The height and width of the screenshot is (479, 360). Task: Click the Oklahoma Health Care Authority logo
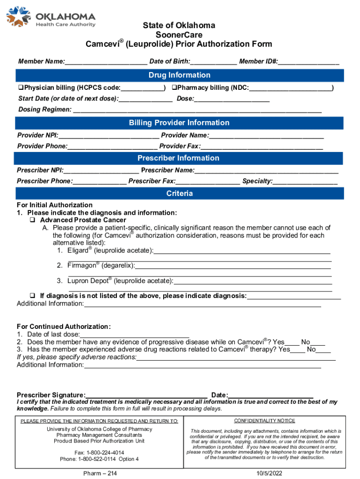pos(50,17)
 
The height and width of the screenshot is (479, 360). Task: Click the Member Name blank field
pos(106,62)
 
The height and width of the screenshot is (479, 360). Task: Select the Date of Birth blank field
pos(214,62)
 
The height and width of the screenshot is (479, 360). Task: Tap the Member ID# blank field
pos(309,62)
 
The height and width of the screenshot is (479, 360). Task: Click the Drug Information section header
pos(180,75)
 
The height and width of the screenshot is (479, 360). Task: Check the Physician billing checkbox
pos(21,87)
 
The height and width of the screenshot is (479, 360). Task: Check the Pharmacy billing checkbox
pos(174,87)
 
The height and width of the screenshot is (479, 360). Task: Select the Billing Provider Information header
pos(180,123)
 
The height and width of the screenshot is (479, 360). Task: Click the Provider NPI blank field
pos(108,136)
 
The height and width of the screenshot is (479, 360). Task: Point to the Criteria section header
pos(180,194)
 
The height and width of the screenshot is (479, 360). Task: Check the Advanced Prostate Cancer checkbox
pos(33,220)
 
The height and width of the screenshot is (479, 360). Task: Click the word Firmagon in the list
pos(81,265)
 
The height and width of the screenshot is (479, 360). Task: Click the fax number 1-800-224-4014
pos(99,453)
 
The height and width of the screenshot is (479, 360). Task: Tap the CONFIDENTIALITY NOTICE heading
pos(265,421)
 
